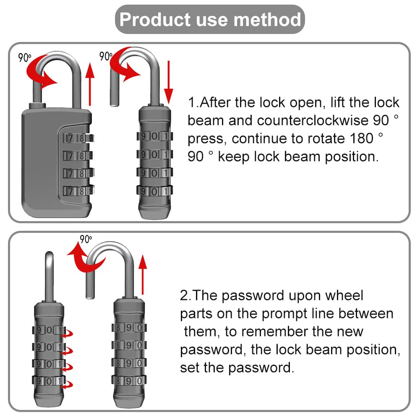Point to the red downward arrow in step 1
169,82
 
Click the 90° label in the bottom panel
85,239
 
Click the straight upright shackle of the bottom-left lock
49,275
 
